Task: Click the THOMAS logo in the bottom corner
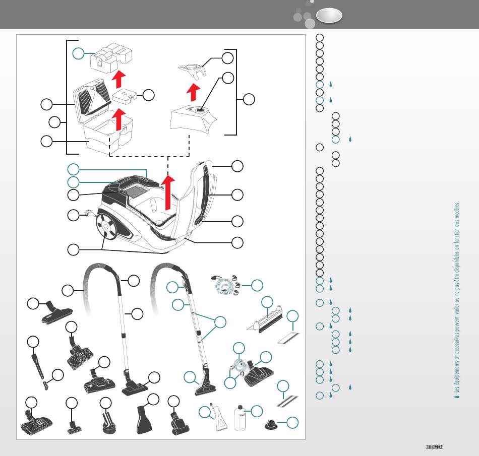coord(435,446)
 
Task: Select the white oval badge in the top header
coord(330,16)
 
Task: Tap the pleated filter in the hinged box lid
coord(92,99)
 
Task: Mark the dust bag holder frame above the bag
coord(195,70)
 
